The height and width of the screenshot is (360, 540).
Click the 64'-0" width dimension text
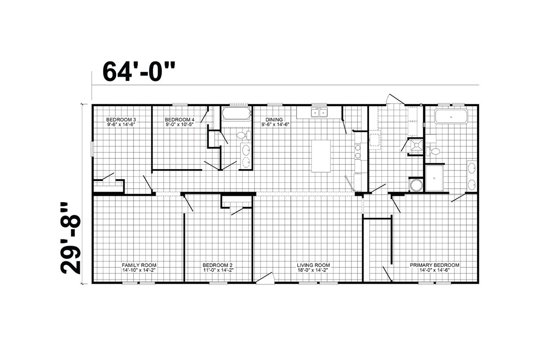pos(139,72)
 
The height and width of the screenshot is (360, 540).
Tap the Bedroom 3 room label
pos(121,122)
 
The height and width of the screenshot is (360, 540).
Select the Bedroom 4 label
pos(180,122)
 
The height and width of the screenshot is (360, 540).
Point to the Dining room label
pos(275,122)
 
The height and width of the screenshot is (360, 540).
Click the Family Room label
pos(139,268)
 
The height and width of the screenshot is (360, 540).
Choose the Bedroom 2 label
pos(218,268)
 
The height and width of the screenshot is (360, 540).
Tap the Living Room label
pos(313,268)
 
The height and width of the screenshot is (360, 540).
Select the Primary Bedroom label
pos(434,268)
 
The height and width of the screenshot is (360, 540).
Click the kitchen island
pos(321,156)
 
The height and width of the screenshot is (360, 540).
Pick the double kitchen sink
pos(319,112)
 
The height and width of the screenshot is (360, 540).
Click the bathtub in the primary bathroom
pos(451,117)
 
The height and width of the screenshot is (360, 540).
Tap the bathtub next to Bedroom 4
pos(236,113)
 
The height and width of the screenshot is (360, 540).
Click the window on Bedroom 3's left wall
pos(92,149)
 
